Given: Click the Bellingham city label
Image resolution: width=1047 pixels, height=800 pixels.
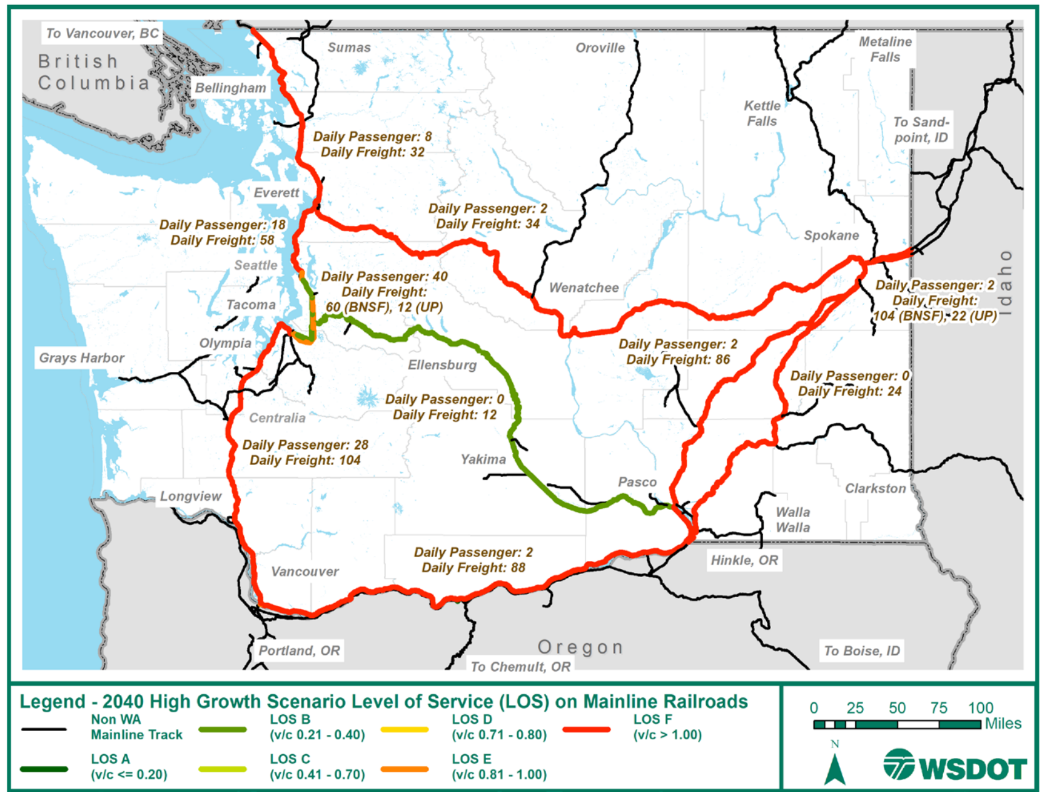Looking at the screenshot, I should [230, 88].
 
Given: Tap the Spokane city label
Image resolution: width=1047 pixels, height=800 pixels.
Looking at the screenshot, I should [831, 235].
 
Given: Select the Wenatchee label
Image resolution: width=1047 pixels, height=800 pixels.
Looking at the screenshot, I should [584, 288].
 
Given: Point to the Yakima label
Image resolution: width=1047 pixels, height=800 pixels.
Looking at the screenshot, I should [483, 459].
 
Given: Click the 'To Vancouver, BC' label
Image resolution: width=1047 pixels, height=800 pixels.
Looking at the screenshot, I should [103, 33].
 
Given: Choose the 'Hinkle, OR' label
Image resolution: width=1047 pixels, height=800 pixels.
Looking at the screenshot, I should [744, 560].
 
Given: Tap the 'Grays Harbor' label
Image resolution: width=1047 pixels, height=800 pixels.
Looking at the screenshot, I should [81, 358].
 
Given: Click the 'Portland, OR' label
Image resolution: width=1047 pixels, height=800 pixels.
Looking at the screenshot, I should [299, 650].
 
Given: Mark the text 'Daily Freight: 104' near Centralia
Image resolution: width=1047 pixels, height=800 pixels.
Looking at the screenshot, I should [305, 461].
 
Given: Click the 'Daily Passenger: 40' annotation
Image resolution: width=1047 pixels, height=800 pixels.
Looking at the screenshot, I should [384, 277].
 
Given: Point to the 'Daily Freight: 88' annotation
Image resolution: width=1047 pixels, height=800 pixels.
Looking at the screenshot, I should [473, 568].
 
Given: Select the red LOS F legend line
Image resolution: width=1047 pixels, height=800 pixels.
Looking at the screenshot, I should [586, 729].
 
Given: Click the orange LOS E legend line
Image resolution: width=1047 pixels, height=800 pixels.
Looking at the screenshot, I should [404, 769].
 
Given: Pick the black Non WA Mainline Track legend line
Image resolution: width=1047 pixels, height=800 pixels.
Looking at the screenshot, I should [44, 729].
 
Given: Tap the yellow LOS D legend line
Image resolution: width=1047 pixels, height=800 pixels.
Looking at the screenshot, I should [404, 729].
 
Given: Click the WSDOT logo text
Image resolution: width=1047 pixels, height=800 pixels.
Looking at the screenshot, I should [972, 769].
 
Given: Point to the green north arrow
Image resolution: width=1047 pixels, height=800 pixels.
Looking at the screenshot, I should [834, 770].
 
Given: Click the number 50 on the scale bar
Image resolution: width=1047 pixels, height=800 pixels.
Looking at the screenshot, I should [897, 708].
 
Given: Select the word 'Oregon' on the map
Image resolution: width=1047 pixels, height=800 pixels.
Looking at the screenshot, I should [580, 647].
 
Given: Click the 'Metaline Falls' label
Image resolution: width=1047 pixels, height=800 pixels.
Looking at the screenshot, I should [884, 49].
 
